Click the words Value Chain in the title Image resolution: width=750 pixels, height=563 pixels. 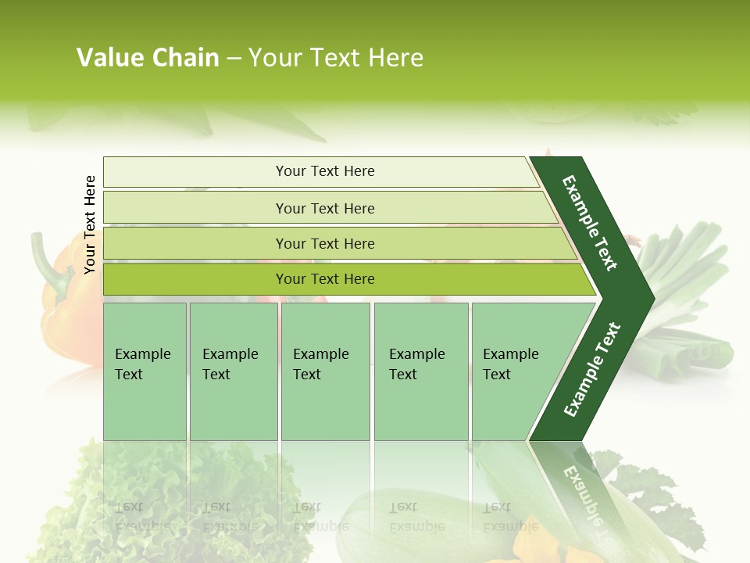tap(148, 58)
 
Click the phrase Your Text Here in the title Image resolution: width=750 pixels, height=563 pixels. tap(335, 58)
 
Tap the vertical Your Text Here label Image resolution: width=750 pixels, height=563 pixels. tap(90, 224)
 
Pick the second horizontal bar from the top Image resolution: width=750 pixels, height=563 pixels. tap(324, 208)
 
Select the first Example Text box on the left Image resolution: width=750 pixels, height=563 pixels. tap(145, 371)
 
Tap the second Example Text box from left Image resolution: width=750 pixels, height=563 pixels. tap(233, 371)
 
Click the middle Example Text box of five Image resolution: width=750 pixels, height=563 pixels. tap(325, 371)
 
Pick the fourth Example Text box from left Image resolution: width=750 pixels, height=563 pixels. tap(420, 371)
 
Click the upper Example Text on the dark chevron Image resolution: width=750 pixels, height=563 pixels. tap(590, 223)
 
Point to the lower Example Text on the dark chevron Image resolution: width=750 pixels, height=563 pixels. tap(592, 369)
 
